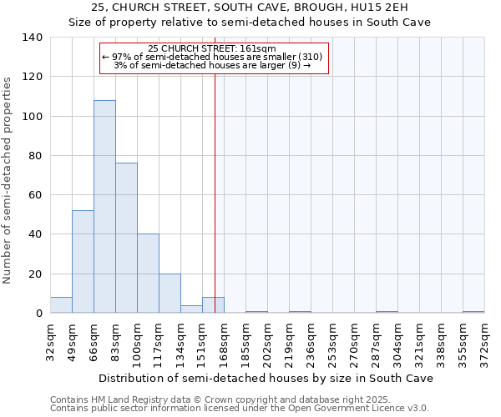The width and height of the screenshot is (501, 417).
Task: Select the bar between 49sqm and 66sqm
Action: [83, 262]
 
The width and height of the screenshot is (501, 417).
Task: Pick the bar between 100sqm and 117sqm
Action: [148, 274]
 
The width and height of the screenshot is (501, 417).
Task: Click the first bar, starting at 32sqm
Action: [61, 305]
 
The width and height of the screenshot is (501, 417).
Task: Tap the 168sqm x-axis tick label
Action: [224, 339]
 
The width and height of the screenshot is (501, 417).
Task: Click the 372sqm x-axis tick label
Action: [484, 339]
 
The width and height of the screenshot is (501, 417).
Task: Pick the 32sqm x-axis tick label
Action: [50, 339]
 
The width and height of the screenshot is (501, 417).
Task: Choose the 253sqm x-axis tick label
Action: [332, 339]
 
